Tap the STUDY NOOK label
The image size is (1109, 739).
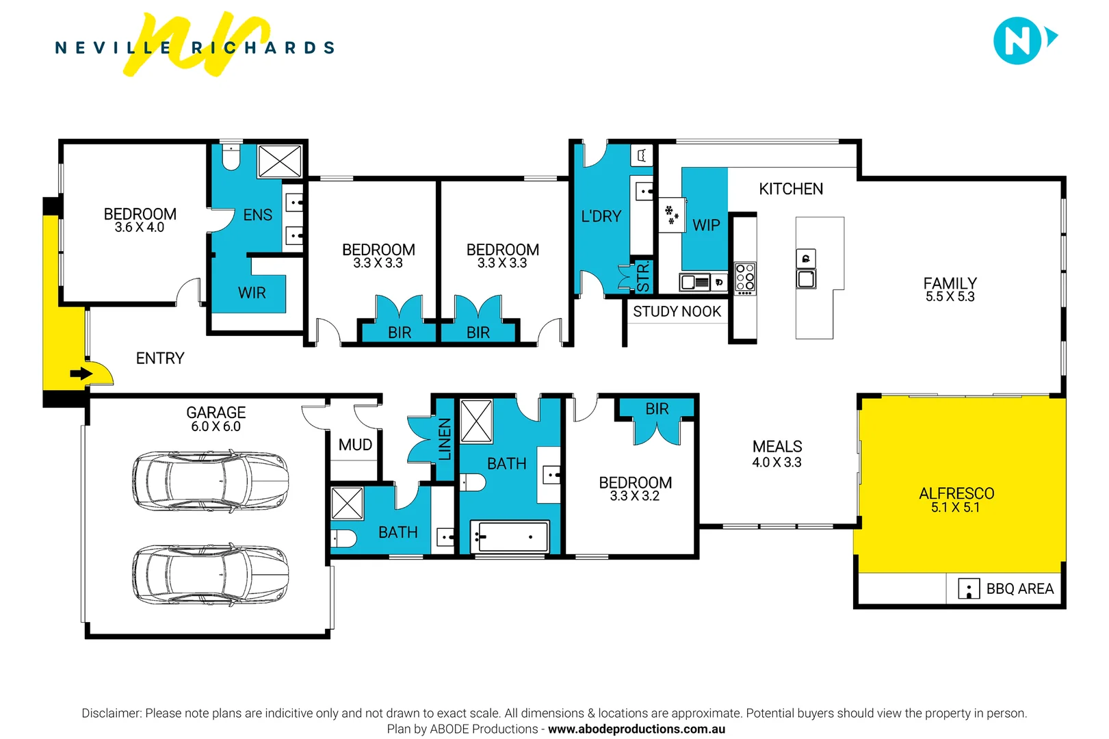click(x=677, y=312)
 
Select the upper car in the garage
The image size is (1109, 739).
click(x=210, y=480)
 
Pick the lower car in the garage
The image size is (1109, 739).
click(x=210, y=574)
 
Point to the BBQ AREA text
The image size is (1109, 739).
click(x=1019, y=589)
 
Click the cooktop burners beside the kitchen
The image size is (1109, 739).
click(x=745, y=278)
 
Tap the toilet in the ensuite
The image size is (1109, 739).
click(x=231, y=158)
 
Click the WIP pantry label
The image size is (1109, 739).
click(x=706, y=225)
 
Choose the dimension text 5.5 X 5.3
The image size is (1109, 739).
click(x=950, y=297)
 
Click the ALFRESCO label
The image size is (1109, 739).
click(x=956, y=493)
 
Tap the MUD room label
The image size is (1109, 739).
click(x=355, y=445)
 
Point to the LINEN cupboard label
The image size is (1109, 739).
click(x=445, y=439)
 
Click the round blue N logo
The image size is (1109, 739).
click(x=1017, y=41)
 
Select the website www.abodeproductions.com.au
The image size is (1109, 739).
click(x=636, y=729)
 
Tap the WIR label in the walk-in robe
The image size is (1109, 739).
click(x=252, y=293)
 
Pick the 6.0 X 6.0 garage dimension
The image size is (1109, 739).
click(x=216, y=427)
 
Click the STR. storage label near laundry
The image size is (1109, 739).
click(x=643, y=277)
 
